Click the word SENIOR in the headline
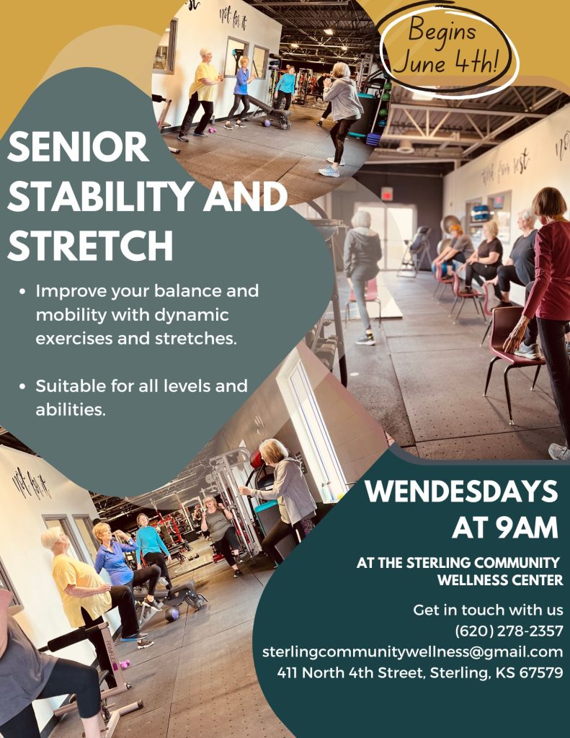[78, 146]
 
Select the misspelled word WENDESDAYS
[461, 492]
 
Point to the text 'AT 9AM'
[505, 527]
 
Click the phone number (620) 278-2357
[509, 631]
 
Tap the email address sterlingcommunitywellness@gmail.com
[412, 652]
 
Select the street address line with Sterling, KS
[420, 672]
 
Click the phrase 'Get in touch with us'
[488, 610]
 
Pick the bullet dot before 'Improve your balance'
[22, 291]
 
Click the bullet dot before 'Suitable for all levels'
[22, 386]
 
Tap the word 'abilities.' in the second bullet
[71, 409]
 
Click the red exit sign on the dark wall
[387, 193]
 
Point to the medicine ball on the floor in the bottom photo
[172, 614]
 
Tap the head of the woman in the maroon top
[549, 203]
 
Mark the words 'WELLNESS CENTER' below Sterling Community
[500, 579]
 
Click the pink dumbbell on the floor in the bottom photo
[124, 664]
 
